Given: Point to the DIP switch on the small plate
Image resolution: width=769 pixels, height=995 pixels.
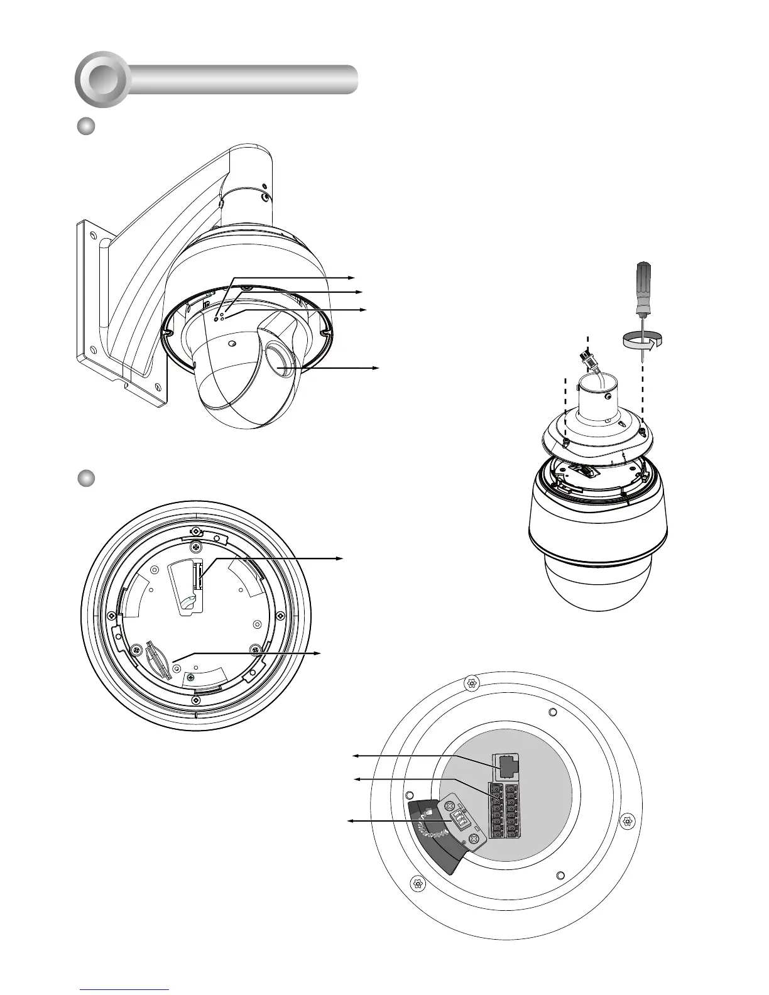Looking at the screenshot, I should pos(458,818).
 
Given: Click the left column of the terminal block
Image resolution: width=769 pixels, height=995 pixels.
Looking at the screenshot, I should pos(496,810).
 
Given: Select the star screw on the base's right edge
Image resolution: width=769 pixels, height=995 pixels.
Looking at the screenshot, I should pos(626,820).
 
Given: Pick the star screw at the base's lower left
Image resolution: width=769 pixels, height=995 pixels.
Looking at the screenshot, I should pos(415,883).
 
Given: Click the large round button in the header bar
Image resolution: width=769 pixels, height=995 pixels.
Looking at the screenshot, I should pos(102,79).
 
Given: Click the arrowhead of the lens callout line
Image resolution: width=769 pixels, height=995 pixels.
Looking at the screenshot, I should pos(376,367).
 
